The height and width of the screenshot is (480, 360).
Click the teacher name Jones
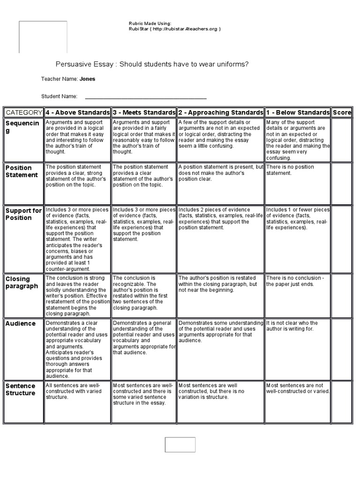87,79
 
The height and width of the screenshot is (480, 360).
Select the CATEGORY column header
23,112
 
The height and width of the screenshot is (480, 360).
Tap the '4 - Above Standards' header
77,112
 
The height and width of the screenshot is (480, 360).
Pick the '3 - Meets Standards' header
144,112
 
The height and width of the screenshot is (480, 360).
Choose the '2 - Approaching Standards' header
220,112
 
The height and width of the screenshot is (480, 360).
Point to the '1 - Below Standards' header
298,112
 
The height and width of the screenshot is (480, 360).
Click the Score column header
342,112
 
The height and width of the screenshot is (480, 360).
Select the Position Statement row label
22,171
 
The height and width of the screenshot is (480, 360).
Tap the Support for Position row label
23,214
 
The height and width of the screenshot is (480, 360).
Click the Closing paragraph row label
22,283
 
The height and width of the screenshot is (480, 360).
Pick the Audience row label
20,323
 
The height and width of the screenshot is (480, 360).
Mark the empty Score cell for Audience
342,349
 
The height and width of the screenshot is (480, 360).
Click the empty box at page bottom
180,444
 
